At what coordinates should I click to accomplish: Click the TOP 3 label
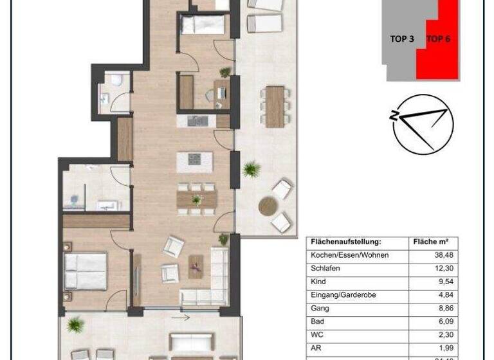tap(402, 39)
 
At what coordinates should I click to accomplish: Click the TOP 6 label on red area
tap(439, 39)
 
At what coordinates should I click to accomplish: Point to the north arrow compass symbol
tap(422, 124)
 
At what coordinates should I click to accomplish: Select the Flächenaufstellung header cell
tap(346, 242)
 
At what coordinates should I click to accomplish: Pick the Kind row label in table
tap(318, 282)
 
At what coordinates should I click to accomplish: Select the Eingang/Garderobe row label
tap(343, 294)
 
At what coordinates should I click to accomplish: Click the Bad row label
tap(316, 321)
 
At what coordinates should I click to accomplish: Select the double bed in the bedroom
tap(85, 271)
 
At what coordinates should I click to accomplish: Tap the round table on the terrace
tap(267, 206)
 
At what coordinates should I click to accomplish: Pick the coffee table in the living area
tap(196, 266)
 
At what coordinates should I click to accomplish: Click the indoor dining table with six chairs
tap(196, 200)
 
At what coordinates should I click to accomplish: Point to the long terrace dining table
tap(275, 106)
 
